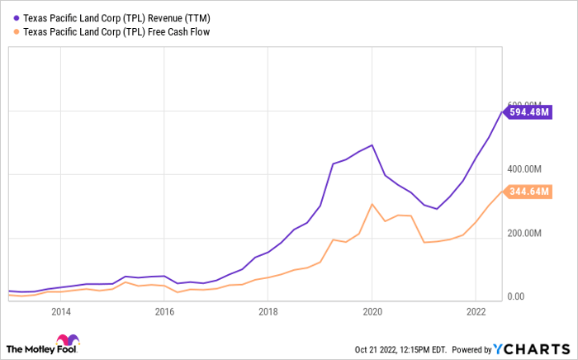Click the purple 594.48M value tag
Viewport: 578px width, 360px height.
pos(528,112)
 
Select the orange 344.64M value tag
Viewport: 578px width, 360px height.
pos(528,192)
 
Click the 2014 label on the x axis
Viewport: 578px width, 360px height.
pos(61,312)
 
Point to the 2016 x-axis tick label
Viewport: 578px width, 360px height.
pos(164,312)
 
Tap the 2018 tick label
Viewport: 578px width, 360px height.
pos(268,312)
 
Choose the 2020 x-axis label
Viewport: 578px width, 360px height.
pos(372,312)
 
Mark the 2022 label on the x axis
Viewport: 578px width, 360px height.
pos(476,312)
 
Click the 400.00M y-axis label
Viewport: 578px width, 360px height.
pos(524,169)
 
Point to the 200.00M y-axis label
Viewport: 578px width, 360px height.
pos(524,233)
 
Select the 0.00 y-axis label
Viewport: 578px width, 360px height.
pos(516,296)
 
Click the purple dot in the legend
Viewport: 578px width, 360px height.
pos(16,17)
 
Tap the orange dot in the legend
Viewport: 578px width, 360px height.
pos(16,31)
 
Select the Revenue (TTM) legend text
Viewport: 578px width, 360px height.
pos(179,18)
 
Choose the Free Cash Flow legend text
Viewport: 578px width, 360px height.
pos(179,32)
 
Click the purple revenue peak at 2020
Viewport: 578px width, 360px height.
pos(372,145)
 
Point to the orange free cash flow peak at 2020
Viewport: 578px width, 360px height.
pos(372,204)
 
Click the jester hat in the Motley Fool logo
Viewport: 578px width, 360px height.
pos(68,339)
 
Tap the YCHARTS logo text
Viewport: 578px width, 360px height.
pos(532,349)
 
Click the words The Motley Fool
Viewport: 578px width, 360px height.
pos(41,349)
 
